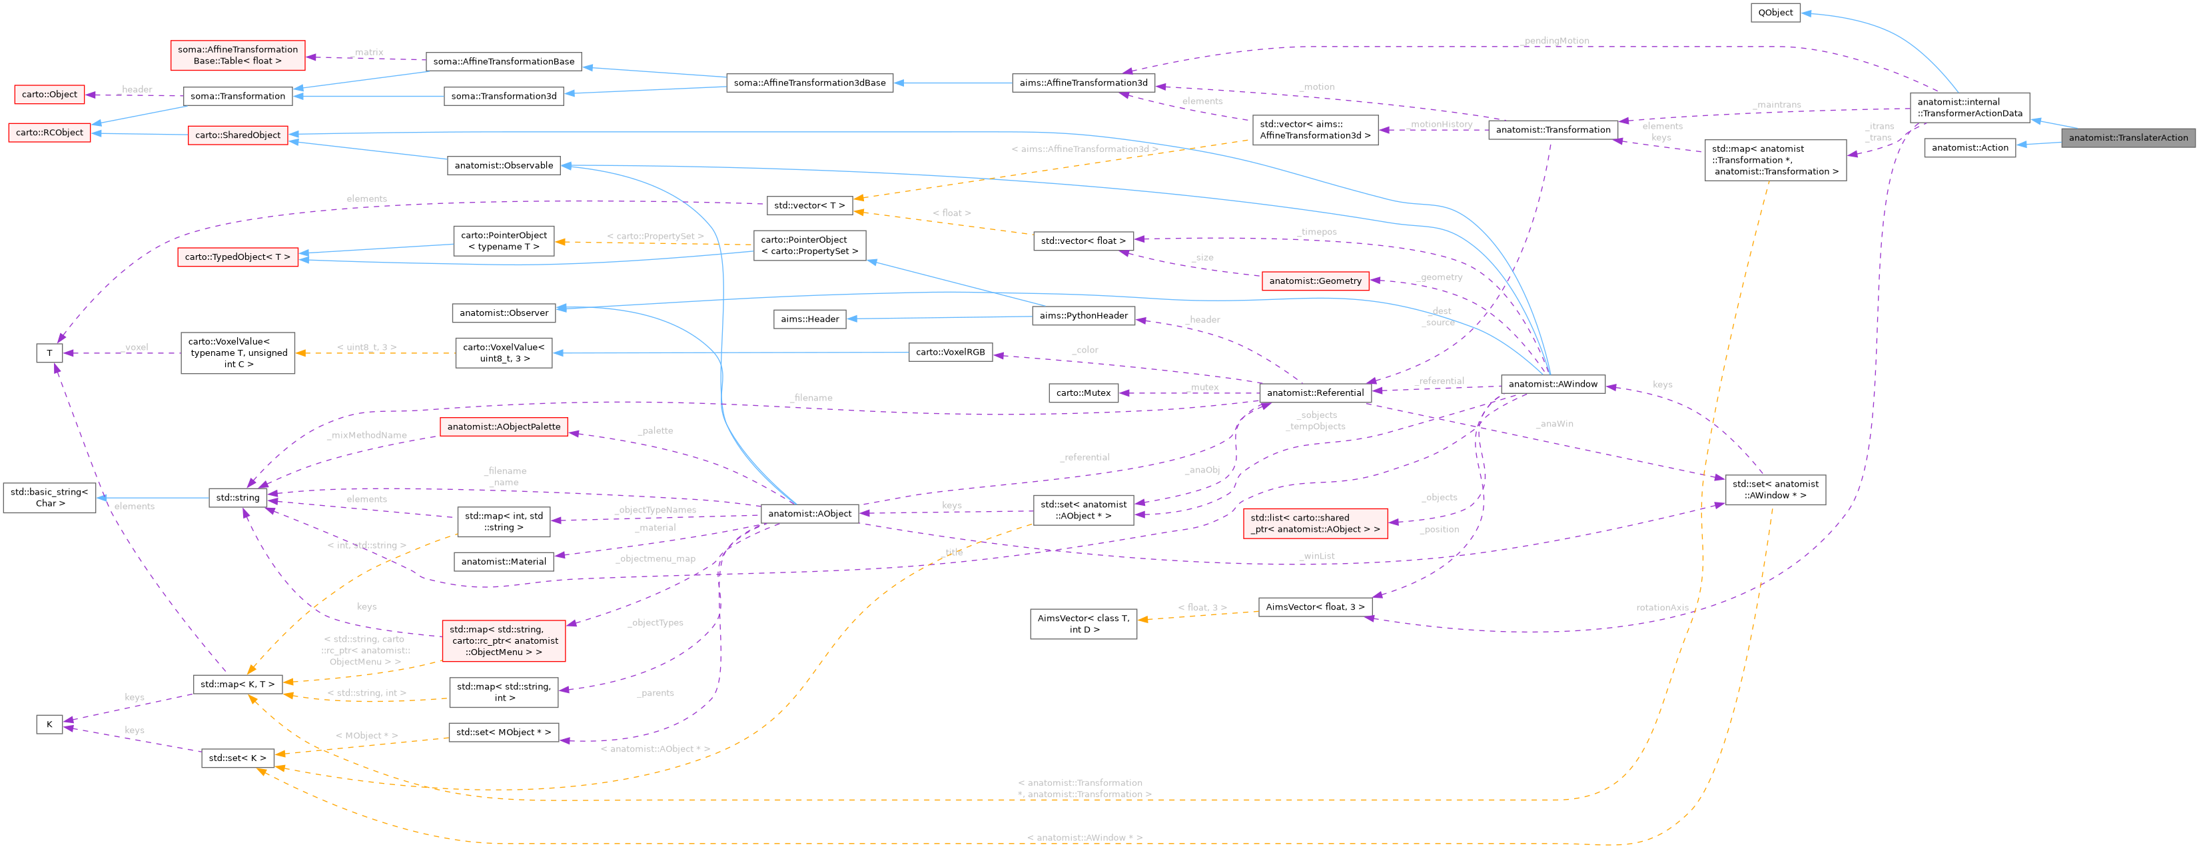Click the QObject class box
pos(1775,13)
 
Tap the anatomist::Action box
pos(1969,148)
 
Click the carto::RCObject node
pos(49,133)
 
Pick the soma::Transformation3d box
pos(504,97)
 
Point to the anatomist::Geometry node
pos(1314,281)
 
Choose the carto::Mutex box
pos(1083,393)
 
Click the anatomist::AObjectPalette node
pos(504,427)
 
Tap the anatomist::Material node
pos(504,562)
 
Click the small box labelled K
pos(49,724)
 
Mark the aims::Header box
pos(810,319)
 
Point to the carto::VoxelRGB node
pos(950,352)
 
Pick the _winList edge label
pos(1317,556)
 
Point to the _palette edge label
pos(656,431)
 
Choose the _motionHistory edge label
pos(1441,125)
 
